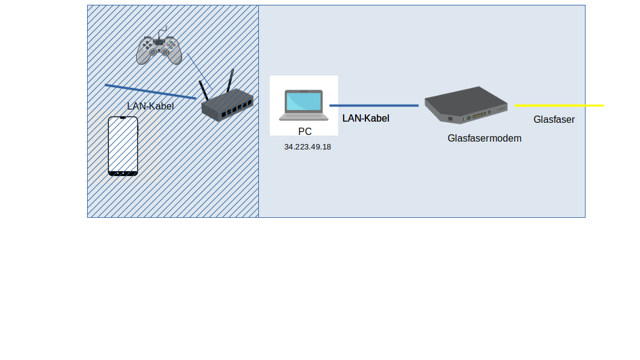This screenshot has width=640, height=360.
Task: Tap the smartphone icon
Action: (x=123, y=146)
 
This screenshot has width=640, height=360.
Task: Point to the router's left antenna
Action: (x=203, y=91)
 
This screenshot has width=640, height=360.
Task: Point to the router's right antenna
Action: (x=230, y=81)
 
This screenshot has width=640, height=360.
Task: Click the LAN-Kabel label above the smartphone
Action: (x=150, y=106)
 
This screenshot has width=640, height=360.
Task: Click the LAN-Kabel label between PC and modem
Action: (x=365, y=119)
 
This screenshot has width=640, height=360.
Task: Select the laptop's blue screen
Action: (x=304, y=101)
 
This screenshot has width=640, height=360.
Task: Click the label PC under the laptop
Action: (x=305, y=131)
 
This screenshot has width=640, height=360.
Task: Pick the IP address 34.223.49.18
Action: (x=307, y=147)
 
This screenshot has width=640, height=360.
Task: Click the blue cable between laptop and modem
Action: (x=374, y=106)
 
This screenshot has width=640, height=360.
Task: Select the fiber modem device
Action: (x=466, y=104)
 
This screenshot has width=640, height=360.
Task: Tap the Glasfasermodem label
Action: (x=484, y=139)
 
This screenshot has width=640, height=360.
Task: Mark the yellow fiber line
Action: (x=559, y=106)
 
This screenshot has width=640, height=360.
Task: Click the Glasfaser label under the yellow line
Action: (x=553, y=120)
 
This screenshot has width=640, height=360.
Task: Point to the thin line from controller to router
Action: (x=198, y=69)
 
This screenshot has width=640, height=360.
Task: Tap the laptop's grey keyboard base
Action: (x=304, y=115)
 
